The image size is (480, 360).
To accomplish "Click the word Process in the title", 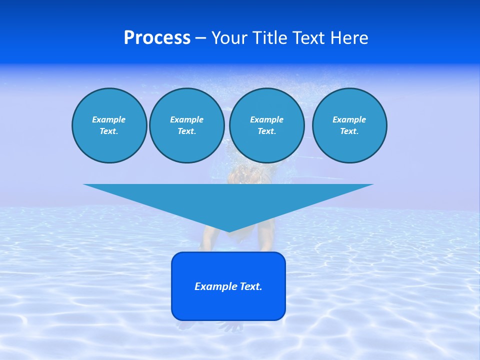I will point(157,38).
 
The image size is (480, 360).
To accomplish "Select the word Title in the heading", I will point(270,38).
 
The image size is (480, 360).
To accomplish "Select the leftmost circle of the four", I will point(109,125).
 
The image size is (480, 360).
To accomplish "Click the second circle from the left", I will point(186,125).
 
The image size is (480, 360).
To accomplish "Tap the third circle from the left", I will point(266,125).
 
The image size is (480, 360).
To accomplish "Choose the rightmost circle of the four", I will point(349,125).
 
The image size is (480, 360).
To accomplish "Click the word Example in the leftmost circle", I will point(109,119).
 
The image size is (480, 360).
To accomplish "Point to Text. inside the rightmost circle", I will point(349,131).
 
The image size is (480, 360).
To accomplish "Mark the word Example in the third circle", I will point(266,119).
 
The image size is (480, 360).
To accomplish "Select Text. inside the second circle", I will point(186,131).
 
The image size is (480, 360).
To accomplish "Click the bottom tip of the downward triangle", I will point(229,231).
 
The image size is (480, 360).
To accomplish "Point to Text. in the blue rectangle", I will point(250,286).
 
